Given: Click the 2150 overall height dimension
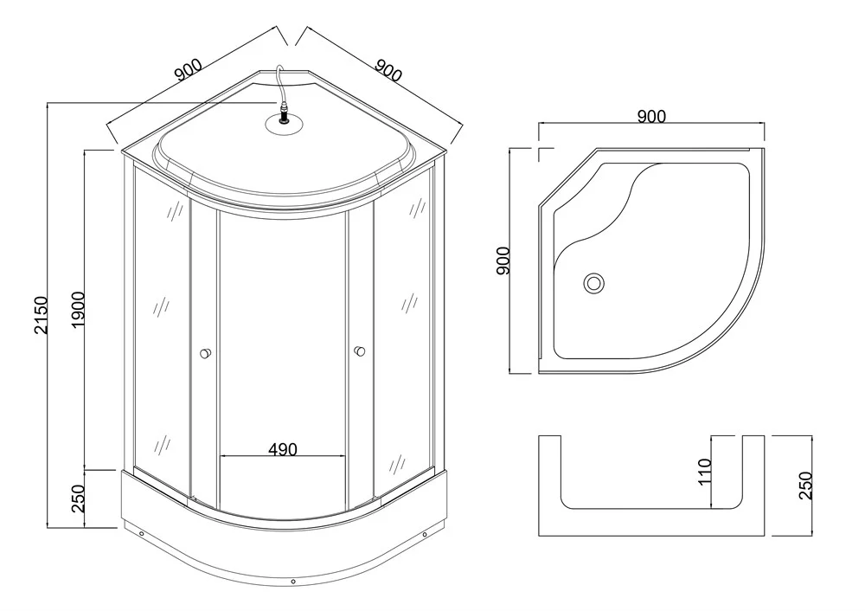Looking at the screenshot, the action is (x=41, y=315).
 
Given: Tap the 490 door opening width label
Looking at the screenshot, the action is (x=283, y=449).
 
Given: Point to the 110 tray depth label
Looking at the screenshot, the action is (x=704, y=472).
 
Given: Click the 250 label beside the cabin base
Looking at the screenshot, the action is (x=78, y=498).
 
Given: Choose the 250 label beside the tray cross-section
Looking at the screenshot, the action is (x=806, y=486).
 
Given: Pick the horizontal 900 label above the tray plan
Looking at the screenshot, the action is (x=651, y=117).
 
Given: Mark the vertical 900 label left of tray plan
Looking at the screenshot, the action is (x=503, y=260).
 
